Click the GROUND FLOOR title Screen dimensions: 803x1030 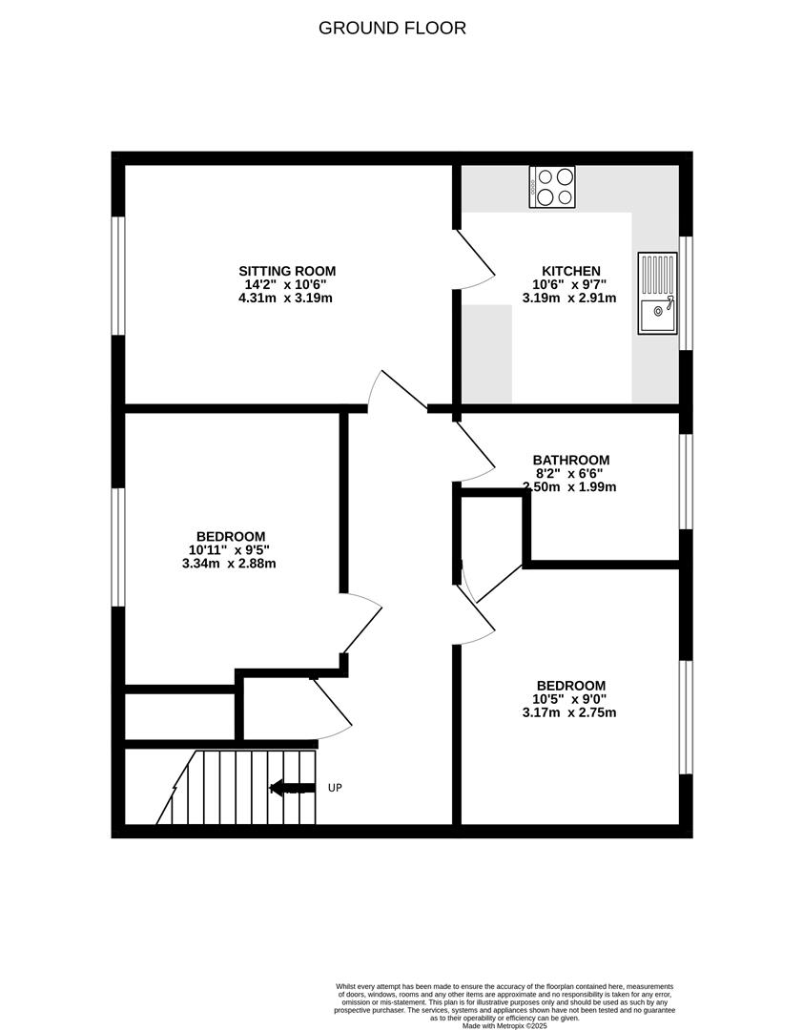(392, 29)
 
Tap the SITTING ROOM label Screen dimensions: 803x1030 (287, 271)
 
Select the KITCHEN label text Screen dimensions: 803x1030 (571, 271)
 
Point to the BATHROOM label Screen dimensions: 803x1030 (571, 460)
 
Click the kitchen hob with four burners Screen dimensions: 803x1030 (552, 187)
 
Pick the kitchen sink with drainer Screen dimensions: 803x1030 (657, 293)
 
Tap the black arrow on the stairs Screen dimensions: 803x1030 (292, 788)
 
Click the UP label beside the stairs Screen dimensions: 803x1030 (335, 788)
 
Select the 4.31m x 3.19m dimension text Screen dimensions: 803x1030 (285, 298)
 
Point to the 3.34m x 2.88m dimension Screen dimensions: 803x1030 (229, 563)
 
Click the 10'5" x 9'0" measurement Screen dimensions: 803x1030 (569, 699)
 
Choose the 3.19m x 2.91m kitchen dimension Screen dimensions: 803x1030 (569, 298)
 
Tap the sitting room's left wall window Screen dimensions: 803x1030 (118, 276)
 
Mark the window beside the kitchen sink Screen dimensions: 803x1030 (686, 293)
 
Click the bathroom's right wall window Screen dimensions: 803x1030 (686, 482)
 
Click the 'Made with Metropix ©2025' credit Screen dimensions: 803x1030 (504, 1024)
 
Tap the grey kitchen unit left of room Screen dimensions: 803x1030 (487, 354)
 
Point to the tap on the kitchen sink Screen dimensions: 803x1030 (669, 303)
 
